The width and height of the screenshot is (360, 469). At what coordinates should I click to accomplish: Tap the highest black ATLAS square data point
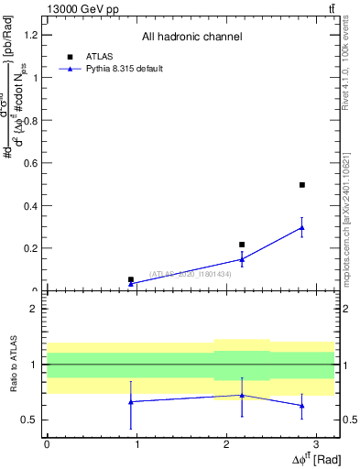[x=302, y=185]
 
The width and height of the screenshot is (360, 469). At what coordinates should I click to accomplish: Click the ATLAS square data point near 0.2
[x=242, y=245]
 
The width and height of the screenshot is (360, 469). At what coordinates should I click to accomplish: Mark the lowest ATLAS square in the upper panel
[x=131, y=279]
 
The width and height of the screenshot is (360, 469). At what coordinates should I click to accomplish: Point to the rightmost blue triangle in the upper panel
[x=302, y=227]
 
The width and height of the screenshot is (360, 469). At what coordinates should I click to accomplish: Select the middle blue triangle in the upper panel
[x=242, y=259]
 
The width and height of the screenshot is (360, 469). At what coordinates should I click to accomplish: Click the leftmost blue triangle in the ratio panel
[x=131, y=401]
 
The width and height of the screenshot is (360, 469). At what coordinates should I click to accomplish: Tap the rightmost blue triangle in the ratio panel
[x=302, y=405]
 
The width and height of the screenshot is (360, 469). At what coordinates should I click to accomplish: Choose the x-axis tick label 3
[x=316, y=444]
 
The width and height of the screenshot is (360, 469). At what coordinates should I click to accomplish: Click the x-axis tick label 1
[x=136, y=444]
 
